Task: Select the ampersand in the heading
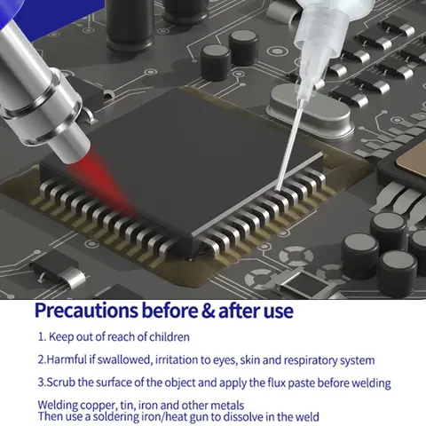[x=203, y=312]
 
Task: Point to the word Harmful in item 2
[x=65, y=360]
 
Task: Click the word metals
[x=225, y=405]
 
